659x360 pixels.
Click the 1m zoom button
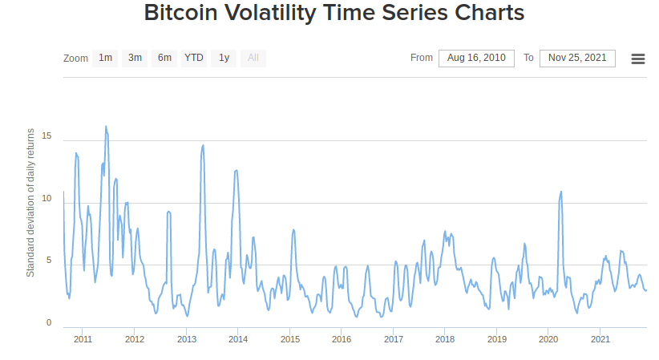pos(105,58)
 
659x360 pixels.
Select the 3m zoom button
pos(135,58)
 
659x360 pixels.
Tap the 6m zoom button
pos(164,58)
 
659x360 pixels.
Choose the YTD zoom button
pos(194,58)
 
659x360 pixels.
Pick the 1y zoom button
pos(224,58)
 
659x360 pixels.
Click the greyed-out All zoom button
pos(253,58)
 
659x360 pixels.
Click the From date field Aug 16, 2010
pos(476,58)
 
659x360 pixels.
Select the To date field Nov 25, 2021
pos(577,58)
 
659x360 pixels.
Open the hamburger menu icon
pos(638,59)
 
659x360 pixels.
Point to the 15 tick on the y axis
pos(46,137)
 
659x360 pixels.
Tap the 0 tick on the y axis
pos(49,322)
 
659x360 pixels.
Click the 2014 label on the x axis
pos(238,340)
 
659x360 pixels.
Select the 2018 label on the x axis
pos(445,340)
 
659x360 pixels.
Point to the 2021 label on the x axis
pos(600,340)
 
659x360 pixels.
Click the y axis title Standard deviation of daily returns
pos(30,202)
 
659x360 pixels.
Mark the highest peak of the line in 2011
pos(105,126)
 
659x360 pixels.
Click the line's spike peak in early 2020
pos(560,192)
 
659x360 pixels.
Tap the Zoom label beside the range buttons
pos(75,59)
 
